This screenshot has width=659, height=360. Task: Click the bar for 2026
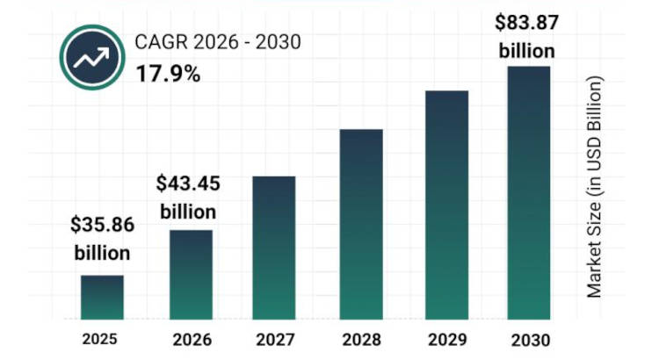(191, 274)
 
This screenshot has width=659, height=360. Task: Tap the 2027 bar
(274, 248)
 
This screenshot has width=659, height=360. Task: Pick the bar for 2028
(361, 224)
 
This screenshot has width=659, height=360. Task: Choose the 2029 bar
(446, 205)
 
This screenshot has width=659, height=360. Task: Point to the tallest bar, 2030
(528, 192)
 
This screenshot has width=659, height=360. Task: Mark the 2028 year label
(360, 339)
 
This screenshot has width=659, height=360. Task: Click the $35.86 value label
(102, 225)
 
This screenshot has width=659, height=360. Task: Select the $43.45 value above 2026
(188, 184)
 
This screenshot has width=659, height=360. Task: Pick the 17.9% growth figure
(168, 73)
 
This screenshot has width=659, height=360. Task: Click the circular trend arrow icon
(93, 57)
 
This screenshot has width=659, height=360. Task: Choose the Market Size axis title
(595, 187)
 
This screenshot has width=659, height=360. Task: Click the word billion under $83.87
(527, 49)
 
